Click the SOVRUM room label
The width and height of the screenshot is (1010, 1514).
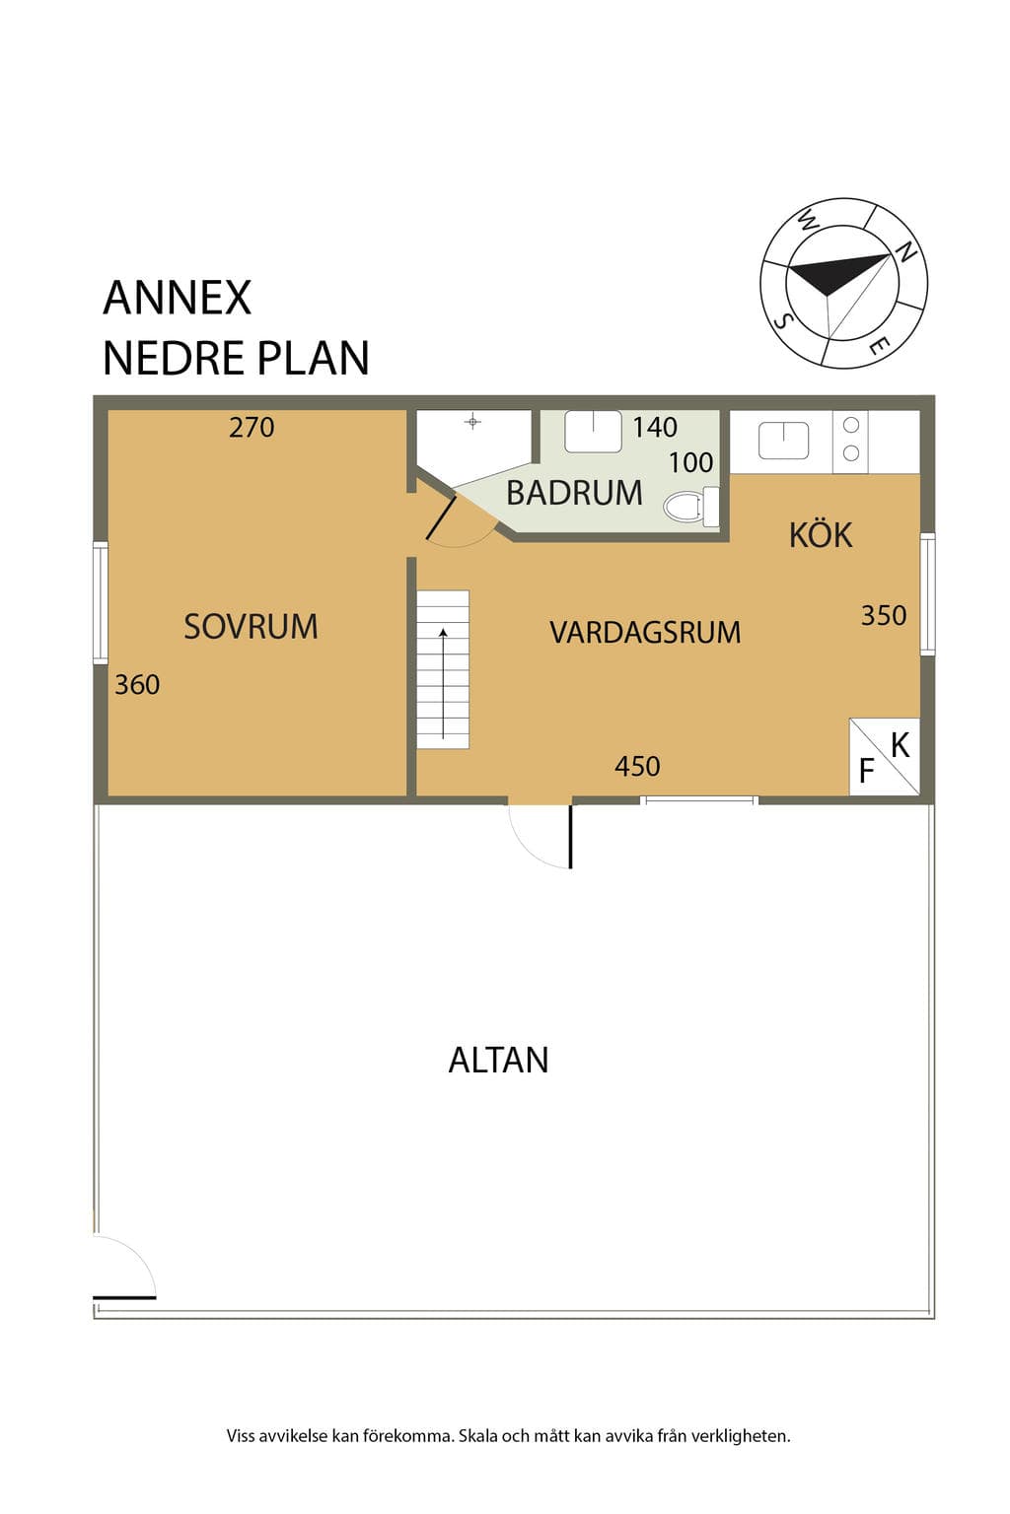tap(251, 627)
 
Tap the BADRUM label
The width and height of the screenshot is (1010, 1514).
tap(574, 493)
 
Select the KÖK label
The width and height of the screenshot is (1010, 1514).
tap(821, 534)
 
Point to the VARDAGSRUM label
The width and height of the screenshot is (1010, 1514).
tap(645, 633)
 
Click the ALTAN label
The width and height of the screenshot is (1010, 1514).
tap(498, 1060)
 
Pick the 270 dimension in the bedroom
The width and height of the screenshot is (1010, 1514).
tap(252, 428)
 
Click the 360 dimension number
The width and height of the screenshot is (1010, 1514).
tap(137, 685)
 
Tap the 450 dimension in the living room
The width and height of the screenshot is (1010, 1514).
tap(637, 767)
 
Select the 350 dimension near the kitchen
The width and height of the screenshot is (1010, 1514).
tap(884, 616)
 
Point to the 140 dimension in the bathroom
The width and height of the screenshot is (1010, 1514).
tap(655, 427)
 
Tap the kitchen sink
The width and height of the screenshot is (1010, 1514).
tap(783, 441)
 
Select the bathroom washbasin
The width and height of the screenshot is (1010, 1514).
tap(594, 431)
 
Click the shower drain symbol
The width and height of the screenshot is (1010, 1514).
tap(472, 423)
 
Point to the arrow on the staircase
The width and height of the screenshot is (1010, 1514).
tap(443, 683)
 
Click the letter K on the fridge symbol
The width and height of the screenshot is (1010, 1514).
tap(901, 746)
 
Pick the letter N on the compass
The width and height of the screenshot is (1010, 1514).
tap(905, 252)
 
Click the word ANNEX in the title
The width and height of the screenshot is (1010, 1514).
tap(178, 298)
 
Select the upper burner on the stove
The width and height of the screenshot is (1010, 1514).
tap(851, 425)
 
